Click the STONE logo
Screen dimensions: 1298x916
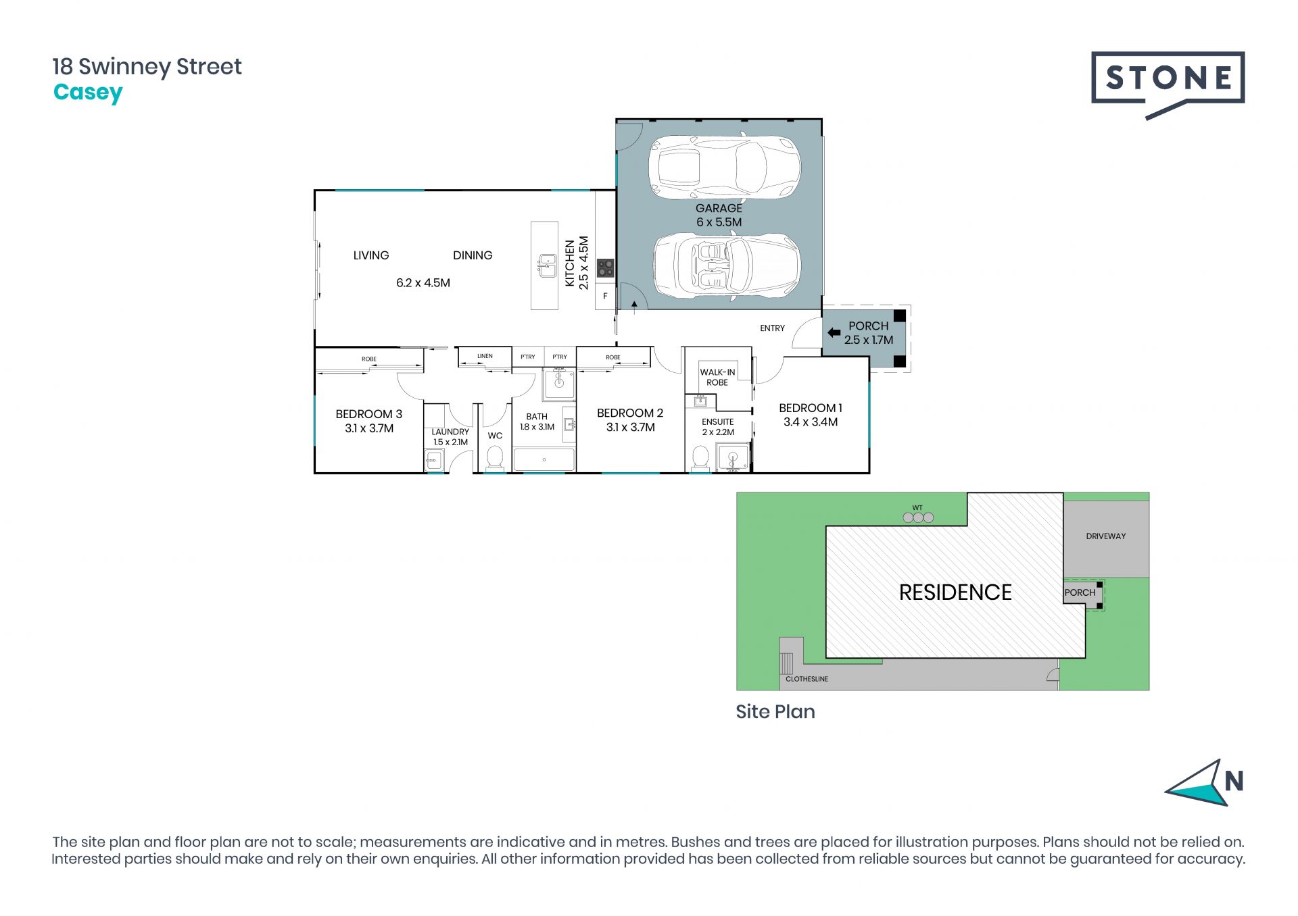point(1168,84)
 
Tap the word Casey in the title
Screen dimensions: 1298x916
point(88,93)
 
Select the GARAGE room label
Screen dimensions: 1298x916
point(719,208)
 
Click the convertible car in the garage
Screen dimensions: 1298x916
point(727,265)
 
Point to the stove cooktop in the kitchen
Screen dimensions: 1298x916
point(605,268)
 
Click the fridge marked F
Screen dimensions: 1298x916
point(605,296)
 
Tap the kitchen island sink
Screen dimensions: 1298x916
point(547,266)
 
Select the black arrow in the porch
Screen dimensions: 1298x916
point(834,332)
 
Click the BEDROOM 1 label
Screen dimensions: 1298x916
point(811,408)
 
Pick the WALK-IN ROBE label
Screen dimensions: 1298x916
point(717,377)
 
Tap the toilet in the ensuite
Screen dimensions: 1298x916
point(700,457)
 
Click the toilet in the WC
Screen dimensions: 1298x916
point(495,457)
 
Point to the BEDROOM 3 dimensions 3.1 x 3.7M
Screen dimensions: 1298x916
point(369,428)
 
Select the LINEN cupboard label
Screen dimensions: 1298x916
point(485,356)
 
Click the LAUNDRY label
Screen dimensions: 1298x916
point(450,432)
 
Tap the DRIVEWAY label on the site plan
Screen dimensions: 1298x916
point(1106,536)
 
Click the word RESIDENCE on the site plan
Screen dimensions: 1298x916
point(955,592)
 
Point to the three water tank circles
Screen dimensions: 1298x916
point(918,517)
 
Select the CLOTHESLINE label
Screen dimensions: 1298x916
point(807,679)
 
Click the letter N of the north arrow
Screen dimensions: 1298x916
point(1234,782)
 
